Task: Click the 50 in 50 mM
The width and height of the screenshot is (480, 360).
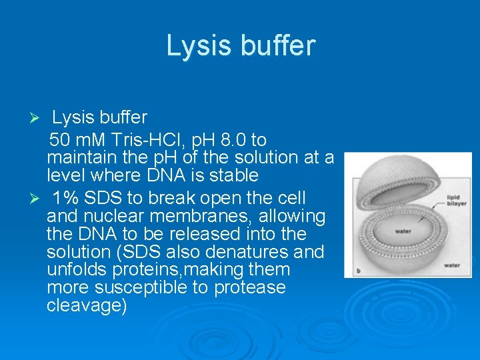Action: tap(61, 140)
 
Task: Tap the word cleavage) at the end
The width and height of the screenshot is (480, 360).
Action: tap(87, 306)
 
